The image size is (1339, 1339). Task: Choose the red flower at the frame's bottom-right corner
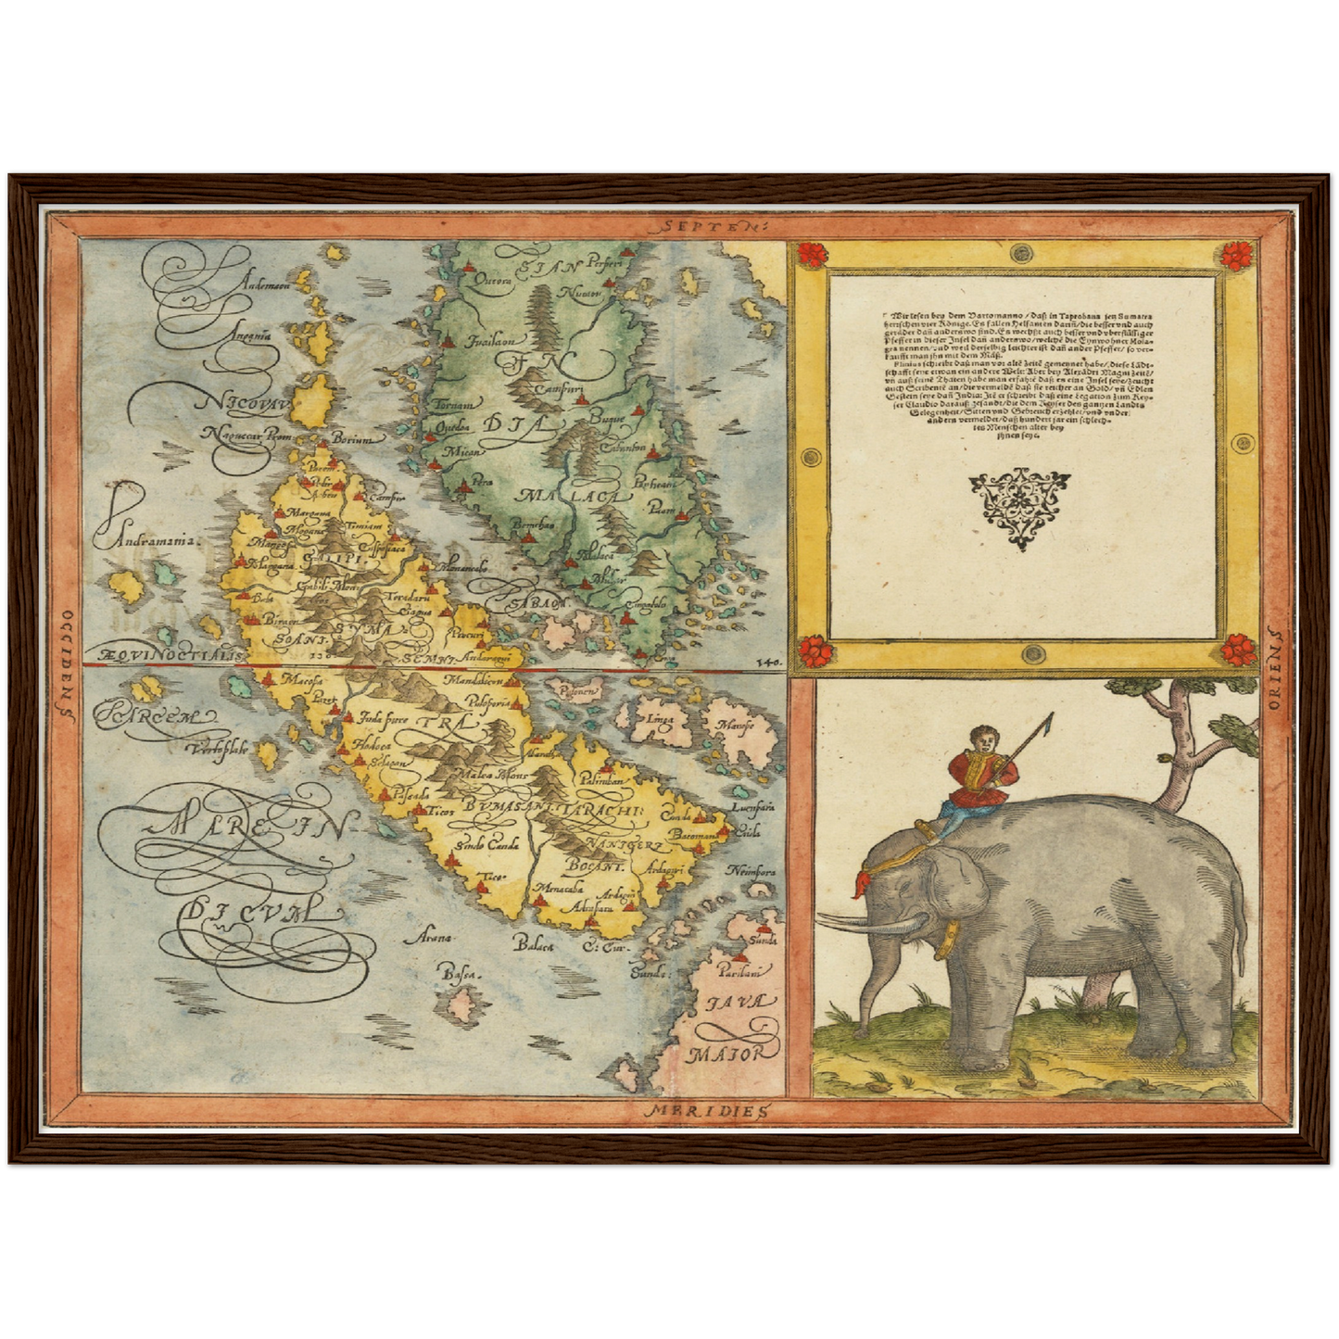(x=1237, y=649)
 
